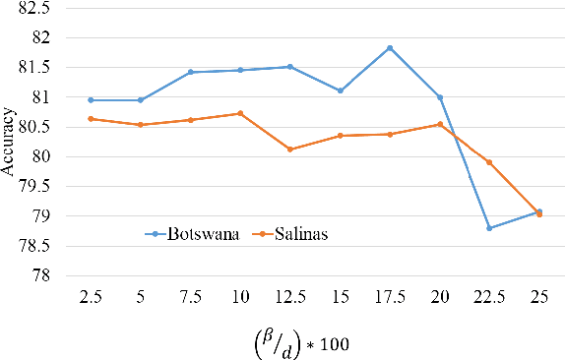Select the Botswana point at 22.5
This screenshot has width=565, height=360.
click(489, 228)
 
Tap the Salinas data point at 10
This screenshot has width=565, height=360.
click(240, 113)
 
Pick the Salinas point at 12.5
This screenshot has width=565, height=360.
click(290, 150)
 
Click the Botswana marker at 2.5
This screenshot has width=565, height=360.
click(91, 99)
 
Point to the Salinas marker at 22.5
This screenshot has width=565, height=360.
click(489, 162)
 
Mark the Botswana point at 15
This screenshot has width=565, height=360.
click(341, 90)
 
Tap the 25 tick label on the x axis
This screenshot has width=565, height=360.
click(538, 295)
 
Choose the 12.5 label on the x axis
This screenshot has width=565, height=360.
click(290, 295)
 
